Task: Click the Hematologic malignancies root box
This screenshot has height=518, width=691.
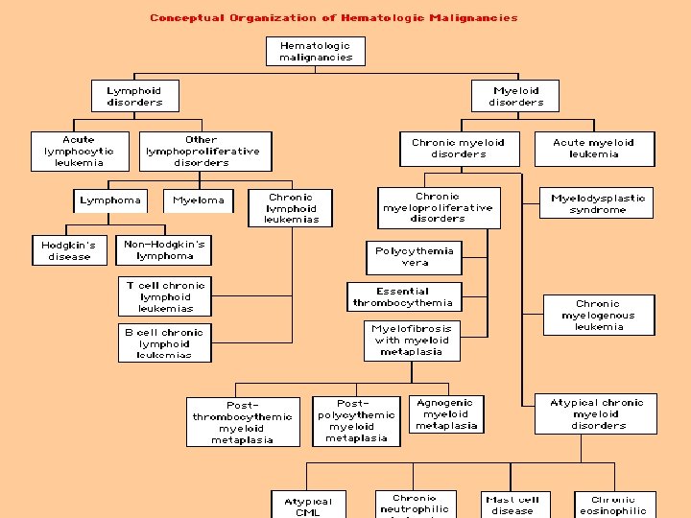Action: point(316,52)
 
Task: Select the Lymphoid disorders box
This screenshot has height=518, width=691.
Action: point(135,97)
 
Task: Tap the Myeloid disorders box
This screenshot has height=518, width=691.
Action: point(515,97)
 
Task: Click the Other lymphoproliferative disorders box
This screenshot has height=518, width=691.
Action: point(202,152)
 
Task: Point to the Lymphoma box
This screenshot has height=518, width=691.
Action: point(110,200)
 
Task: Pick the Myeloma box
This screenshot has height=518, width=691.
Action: point(199,200)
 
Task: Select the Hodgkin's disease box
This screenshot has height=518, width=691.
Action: point(69,251)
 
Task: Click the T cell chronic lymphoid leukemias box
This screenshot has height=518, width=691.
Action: point(165,297)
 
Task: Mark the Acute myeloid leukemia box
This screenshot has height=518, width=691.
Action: point(593,149)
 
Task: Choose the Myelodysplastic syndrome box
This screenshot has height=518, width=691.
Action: point(597,203)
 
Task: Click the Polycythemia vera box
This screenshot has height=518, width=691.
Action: point(415,257)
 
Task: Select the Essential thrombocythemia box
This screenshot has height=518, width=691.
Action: point(402,297)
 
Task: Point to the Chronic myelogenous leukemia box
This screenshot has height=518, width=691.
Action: point(598,316)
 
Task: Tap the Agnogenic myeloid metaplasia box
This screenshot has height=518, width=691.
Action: point(445,414)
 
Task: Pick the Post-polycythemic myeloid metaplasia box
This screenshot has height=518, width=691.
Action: point(356,421)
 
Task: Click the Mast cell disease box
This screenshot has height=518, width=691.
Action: point(512,505)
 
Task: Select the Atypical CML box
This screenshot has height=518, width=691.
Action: point(308,506)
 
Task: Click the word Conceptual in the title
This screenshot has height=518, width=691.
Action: point(187,17)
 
